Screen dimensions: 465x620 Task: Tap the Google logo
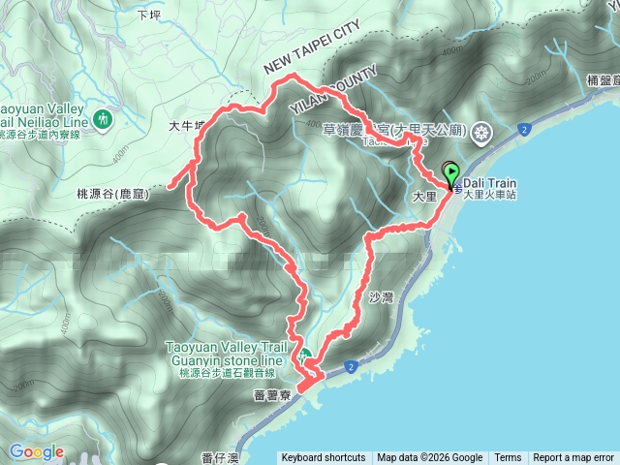tap(37, 451)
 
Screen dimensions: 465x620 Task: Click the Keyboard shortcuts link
tap(324, 458)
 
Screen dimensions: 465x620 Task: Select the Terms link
tap(508, 458)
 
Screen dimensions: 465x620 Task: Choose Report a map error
tap(573, 458)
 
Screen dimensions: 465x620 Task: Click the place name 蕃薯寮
tap(272, 395)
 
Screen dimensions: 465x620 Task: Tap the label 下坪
tap(148, 15)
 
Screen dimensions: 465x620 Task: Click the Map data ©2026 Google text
tap(430, 458)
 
